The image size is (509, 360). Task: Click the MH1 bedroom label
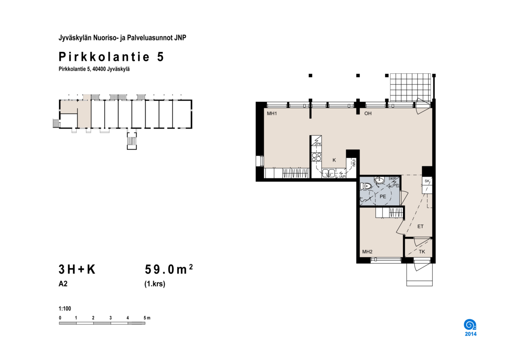tap(272, 113)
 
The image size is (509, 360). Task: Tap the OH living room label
tap(368, 113)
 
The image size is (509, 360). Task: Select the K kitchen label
tap(334, 160)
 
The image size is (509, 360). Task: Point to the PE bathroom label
tap(383, 197)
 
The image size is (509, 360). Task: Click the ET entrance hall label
tap(420, 227)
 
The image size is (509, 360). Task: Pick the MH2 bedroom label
tap(367, 252)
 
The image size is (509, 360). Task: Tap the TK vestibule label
tap(422, 252)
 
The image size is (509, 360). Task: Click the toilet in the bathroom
tap(366, 186)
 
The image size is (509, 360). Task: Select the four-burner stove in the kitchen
tap(316, 157)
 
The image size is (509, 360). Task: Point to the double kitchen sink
tap(328, 173)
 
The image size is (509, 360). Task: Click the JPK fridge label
tap(318, 144)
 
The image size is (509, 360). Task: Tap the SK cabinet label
tap(427, 181)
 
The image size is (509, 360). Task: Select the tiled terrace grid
tap(411, 87)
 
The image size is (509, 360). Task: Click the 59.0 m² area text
tap(169, 270)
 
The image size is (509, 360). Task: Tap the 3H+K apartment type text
tap(77, 270)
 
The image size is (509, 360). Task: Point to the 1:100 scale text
tap(65, 309)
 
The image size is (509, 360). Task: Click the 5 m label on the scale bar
tap(147, 318)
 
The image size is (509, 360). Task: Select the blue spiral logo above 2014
tap(470, 325)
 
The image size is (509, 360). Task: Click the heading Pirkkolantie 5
tap(111, 57)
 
